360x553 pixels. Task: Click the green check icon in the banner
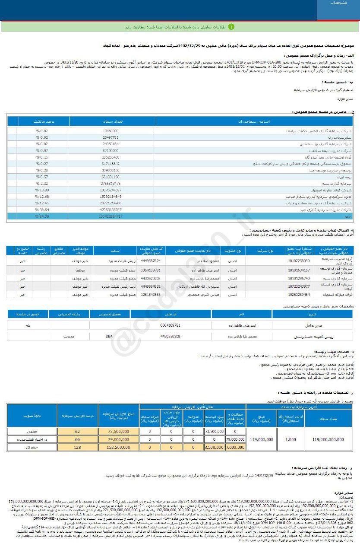click(x=231, y=26)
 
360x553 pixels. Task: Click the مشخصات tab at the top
click(x=338, y=3)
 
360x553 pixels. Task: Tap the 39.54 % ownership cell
click(x=42, y=209)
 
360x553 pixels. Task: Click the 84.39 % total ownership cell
click(x=42, y=216)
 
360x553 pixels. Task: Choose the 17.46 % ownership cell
click(x=42, y=203)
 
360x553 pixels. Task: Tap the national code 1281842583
click(x=151, y=294)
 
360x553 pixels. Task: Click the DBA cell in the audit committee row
click(x=109, y=336)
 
